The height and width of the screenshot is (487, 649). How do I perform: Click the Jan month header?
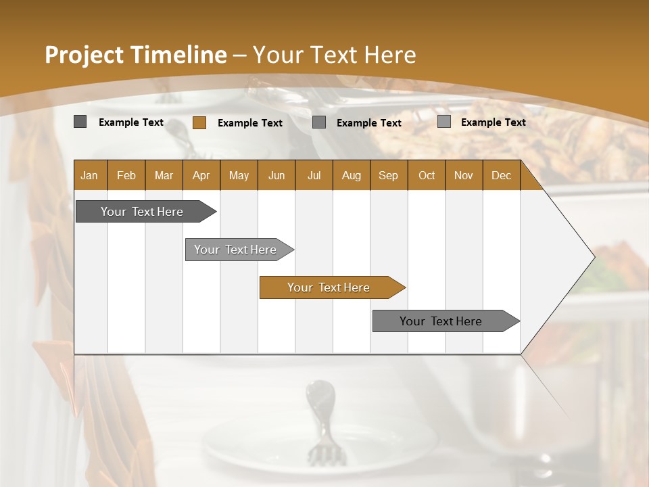point(89,175)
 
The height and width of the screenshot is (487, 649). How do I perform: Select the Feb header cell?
point(126,175)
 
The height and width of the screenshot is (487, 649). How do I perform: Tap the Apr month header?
point(201,175)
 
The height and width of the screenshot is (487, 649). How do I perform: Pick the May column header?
point(239,175)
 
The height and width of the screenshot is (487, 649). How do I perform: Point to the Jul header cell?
point(314,175)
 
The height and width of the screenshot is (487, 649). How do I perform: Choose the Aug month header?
point(351,175)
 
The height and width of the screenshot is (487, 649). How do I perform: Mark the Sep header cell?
point(388,175)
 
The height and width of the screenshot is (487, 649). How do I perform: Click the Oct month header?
point(427,175)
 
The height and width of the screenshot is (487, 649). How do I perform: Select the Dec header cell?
point(501,175)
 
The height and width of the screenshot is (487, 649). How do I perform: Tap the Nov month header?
point(464,175)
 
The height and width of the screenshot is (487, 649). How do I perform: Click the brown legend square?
point(199,122)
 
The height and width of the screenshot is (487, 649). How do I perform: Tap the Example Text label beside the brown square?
point(249,123)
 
